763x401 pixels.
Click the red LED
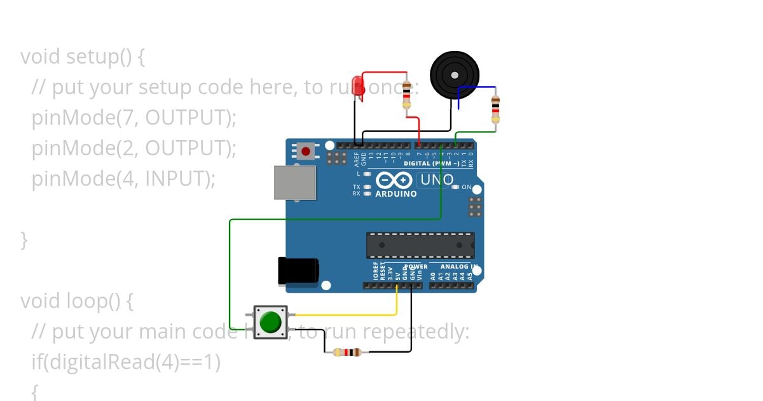tap(359, 86)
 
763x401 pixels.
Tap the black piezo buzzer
tap(454, 75)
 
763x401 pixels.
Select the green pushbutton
tap(271, 321)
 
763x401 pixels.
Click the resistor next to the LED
tap(407, 95)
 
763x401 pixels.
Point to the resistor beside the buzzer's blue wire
tap(495, 109)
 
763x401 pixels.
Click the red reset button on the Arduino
tap(306, 151)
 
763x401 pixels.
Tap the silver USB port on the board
tap(294, 182)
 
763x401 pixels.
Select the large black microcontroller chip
tap(420, 245)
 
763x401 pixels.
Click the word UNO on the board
tap(437, 180)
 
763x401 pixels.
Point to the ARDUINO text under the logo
tap(396, 193)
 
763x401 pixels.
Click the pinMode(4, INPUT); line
tap(123, 179)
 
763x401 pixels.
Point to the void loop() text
tap(76, 300)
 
